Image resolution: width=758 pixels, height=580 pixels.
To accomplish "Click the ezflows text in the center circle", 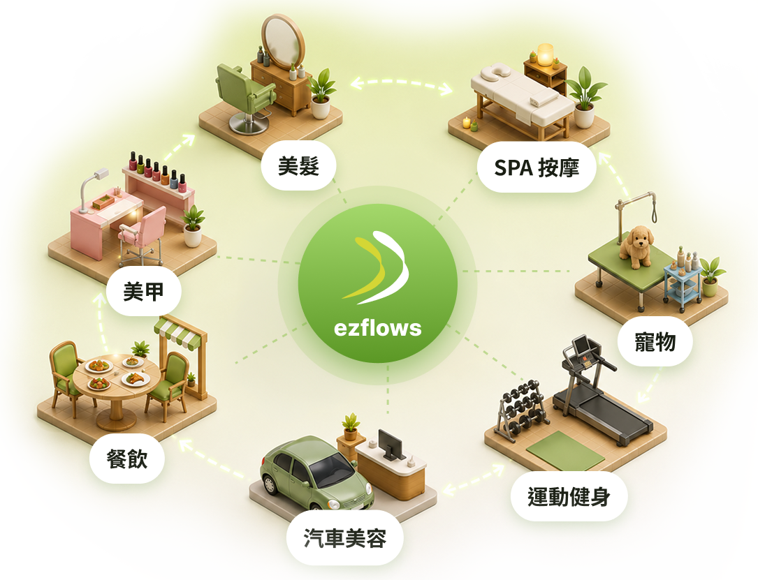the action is point(377,328).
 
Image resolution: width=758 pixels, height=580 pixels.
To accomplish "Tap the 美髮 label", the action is point(298,165).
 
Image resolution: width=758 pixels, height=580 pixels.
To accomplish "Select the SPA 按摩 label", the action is point(536,168).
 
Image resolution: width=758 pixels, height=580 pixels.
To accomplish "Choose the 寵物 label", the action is point(655,341).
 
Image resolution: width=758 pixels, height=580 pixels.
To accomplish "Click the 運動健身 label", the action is point(569,496).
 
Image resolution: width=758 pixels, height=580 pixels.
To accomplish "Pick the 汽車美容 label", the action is point(344,538).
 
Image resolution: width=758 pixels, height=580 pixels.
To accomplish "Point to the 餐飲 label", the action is point(126,459).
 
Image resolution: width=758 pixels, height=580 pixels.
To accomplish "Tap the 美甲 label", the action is point(144,292).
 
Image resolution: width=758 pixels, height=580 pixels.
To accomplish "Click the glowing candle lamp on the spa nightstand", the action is point(545,54).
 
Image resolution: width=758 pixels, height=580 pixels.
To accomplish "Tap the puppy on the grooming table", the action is point(637,246).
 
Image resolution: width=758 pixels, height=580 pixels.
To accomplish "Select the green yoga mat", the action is point(565,451).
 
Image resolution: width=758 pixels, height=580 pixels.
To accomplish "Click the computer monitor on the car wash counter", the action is point(391,443).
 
